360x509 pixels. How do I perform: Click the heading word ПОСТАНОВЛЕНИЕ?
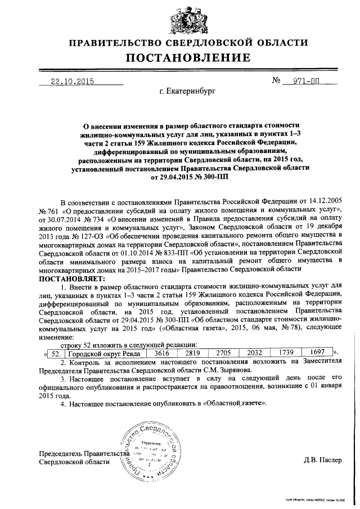click(x=188, y=58)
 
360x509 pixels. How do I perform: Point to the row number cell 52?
click(x=55, y=353)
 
